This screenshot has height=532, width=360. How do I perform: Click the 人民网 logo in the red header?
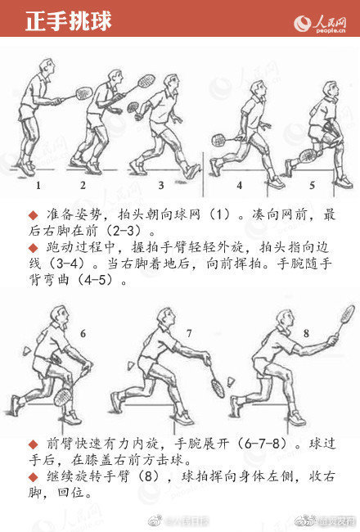pos(322,20)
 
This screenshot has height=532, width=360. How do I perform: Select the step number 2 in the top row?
pos(83,186)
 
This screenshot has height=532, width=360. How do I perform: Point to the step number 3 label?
pos(161,186)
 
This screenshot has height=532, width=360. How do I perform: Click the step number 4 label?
pos(240,186)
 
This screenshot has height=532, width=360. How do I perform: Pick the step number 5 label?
pos(312,186)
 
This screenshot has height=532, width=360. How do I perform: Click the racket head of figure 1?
pos(83,92)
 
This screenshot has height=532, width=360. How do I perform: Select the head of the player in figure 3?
pos(170,83)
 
